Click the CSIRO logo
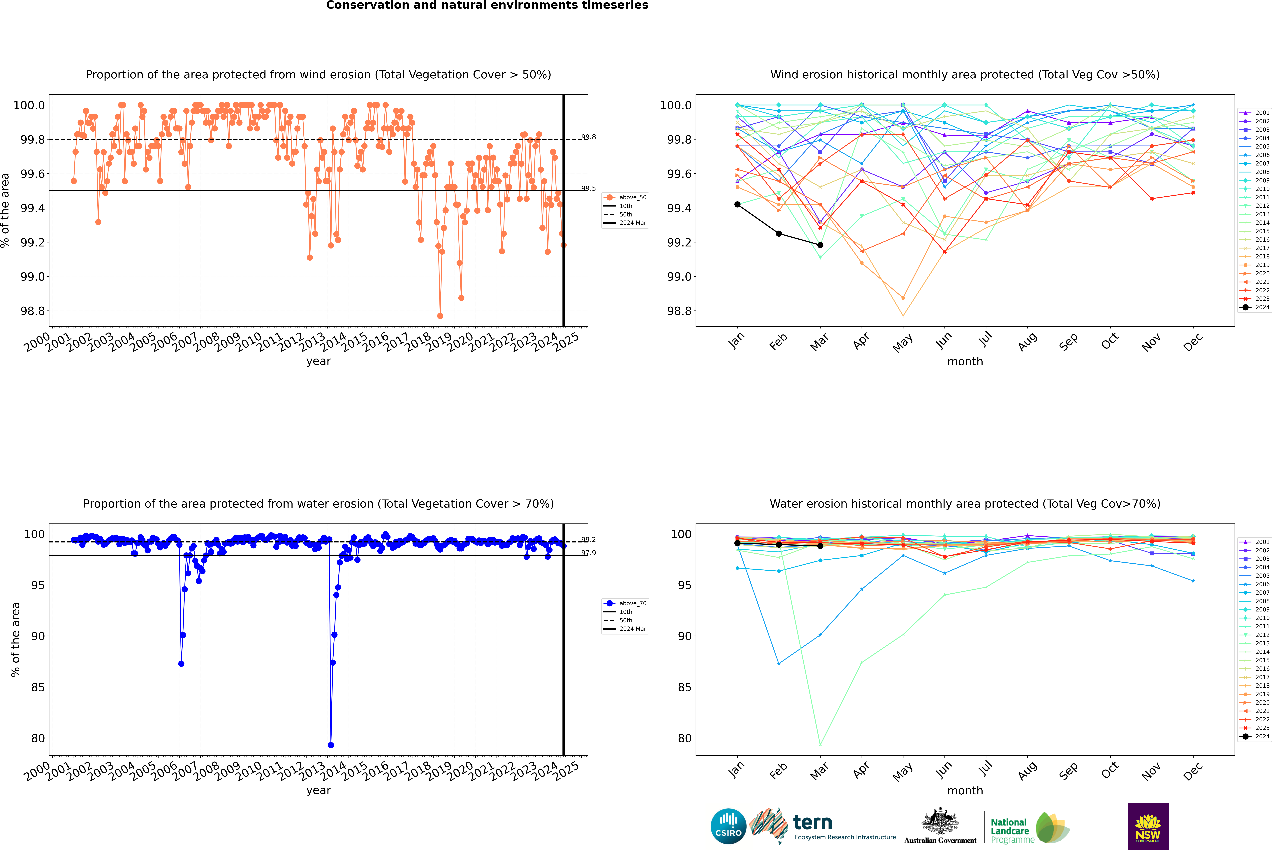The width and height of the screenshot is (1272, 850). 728,826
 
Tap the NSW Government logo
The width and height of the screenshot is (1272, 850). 1148,826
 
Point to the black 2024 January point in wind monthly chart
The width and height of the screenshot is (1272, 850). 737,204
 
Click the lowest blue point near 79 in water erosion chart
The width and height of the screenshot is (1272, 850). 331,745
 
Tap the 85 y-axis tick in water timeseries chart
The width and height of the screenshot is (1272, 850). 38,687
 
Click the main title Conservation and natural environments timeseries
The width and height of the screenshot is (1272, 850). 487,5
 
